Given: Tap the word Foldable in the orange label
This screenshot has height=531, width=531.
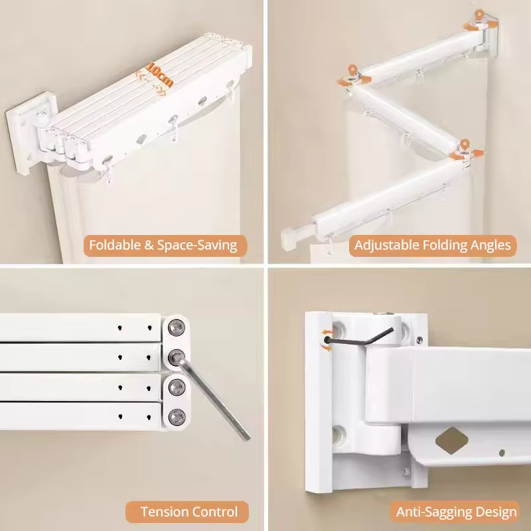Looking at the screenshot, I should coord(117,245).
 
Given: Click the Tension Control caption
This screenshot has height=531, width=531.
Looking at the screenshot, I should coord(189,512).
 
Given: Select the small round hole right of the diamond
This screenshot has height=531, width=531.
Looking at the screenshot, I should coord(502,453).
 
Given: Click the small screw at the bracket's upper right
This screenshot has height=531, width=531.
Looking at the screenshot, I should coord(419,341).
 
